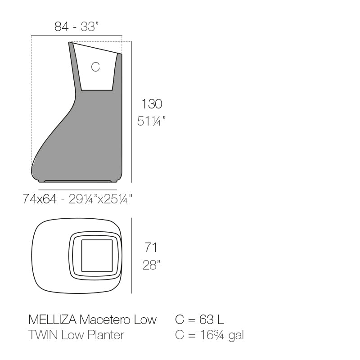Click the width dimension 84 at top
click(61, 27)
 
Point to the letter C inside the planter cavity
click(95, 67)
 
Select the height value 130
click(152, 104)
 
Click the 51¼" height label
click(151, 121)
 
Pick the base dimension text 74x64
click(40, 199)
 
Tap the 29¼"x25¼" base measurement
click(100, 199)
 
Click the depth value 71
click(151, 247)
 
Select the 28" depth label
click(151, 265)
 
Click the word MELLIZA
click(52, 319)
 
